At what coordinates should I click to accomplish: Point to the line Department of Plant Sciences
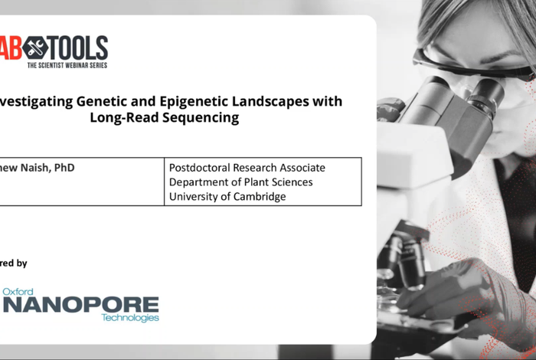click(240, 182)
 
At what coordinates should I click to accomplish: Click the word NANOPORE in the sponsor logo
click(80, 305)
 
